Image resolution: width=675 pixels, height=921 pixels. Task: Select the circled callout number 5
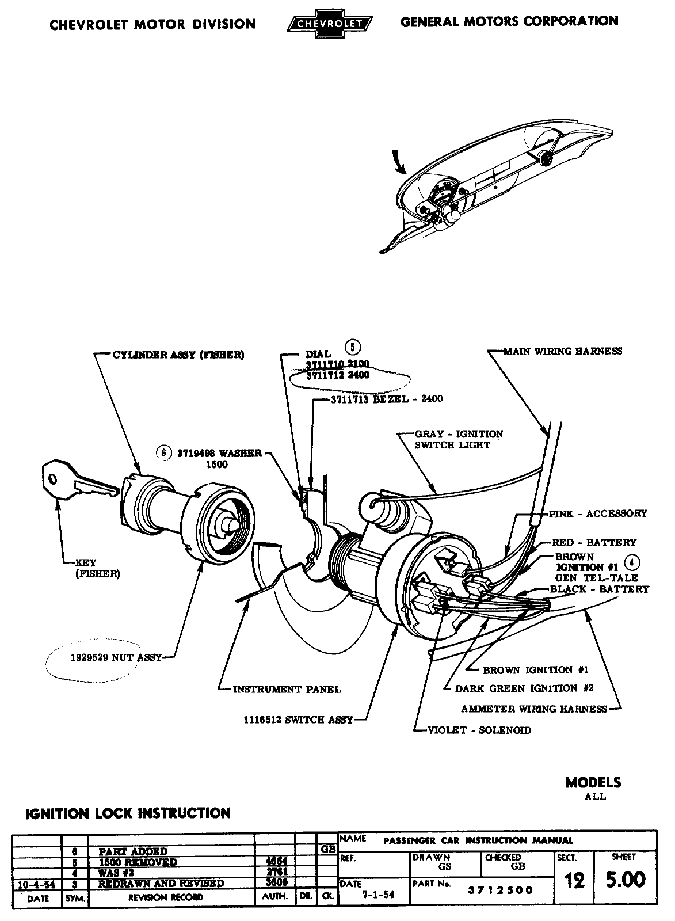[352, 347]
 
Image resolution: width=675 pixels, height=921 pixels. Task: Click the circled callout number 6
[164, 453]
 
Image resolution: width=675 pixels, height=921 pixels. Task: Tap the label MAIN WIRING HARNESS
[562, 351]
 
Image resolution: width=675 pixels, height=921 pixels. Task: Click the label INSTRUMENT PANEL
[287, 689]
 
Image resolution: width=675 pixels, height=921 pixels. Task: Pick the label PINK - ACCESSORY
[598, 513]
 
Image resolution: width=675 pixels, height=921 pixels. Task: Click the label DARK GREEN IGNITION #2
[524, 688]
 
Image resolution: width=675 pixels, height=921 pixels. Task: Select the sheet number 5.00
[626, 880]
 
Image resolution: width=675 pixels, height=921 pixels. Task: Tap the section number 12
[574, 881]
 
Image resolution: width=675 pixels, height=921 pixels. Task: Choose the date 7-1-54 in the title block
[375, 895]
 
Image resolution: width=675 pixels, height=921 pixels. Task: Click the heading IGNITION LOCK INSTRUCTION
[128, 813]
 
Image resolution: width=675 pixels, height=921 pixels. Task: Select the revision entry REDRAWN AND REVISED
[161, 884]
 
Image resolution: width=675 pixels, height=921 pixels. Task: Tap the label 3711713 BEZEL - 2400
[387, 398]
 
